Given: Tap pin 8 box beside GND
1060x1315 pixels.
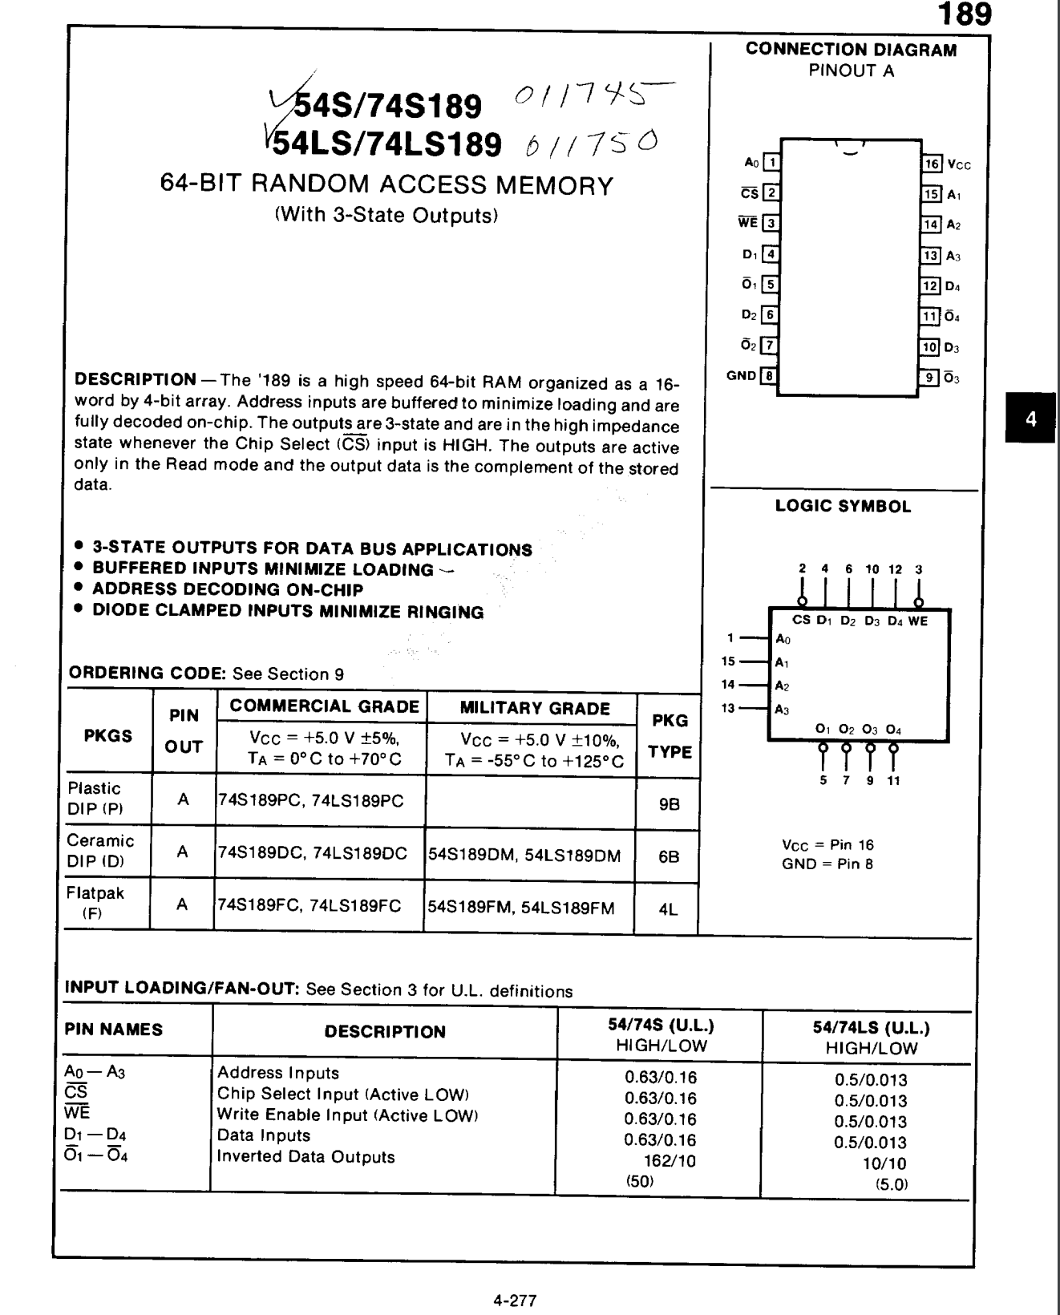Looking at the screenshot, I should (769, 375).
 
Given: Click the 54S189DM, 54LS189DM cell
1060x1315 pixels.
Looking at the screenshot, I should (524, 856).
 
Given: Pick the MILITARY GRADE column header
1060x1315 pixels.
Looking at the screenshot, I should (535, 709).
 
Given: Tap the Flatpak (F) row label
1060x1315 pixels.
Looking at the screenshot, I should (95, 902).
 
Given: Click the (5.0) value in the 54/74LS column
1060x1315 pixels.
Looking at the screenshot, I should (891, 1184).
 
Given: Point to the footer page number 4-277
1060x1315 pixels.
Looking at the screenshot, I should (515, 1300).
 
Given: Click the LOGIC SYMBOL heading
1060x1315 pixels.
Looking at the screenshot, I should (843, 507).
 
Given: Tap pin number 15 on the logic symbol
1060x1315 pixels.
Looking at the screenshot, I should (728, 662).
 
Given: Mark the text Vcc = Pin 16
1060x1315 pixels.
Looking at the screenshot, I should (827, 845).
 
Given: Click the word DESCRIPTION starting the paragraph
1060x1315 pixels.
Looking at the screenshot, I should (135, 379).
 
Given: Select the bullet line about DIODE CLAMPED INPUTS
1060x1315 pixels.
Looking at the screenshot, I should (288, 612).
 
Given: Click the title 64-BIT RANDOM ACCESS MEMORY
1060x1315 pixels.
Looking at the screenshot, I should (386, 185).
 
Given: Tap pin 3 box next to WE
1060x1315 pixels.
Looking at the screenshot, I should (770, 224).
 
